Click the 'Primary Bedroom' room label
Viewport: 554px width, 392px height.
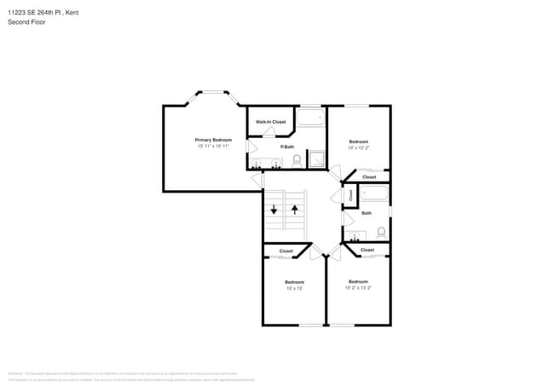pyautogui.click(x=213, y=140)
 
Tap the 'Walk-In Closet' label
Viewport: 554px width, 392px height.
pyautogui.click(x=270, y=122)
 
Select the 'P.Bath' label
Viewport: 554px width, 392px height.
pyautogui.click(x=289, y=147)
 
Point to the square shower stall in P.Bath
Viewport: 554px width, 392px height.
pyautogui.click(x=315, y=159)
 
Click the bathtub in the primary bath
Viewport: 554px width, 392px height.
pyautogui.click(x=310, y=118)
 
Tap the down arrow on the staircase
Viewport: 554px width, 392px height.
pyautogui.click(x=274, y=210)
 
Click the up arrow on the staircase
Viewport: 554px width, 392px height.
pyautogui.click(x=295, y=210)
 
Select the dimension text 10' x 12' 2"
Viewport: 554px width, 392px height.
pyautogui.click(x=358, y=147)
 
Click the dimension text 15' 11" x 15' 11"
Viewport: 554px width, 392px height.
pyautogui.click(x=213, y=147)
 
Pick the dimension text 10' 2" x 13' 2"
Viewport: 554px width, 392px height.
pyautogui.click(x=358, y=288)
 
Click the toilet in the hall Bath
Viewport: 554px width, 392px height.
pyautogui.click(x=380, y=231)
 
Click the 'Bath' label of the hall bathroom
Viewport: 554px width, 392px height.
pyautogui.click(x=366, y=213)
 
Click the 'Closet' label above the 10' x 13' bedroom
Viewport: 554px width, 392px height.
pyautogui.click(x=286, y=251)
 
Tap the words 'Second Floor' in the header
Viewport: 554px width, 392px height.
pyautogui.click(x=26, y=22)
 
